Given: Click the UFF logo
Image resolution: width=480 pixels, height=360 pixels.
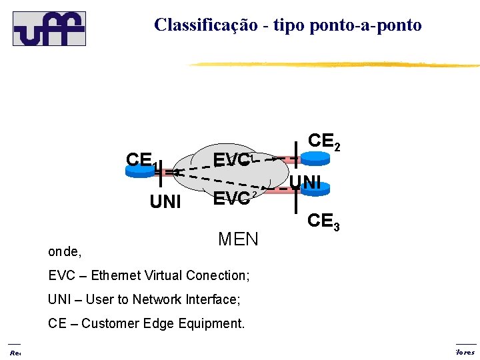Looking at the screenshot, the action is [x=49, y=28].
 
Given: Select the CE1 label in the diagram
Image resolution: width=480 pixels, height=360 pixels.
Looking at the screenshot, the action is [x=141, y=161].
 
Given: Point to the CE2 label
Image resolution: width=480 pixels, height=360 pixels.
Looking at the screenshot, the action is [x=323, y=141].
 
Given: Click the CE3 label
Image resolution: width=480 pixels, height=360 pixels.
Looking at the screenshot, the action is [x=323, y=221].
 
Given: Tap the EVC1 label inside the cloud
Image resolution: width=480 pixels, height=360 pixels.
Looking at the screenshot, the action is [x=231, y=159].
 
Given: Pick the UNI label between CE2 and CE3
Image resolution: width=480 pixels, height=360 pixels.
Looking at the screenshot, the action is [x=307, y=181].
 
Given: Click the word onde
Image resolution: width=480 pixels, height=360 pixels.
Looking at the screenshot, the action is [x=64, y=252].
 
